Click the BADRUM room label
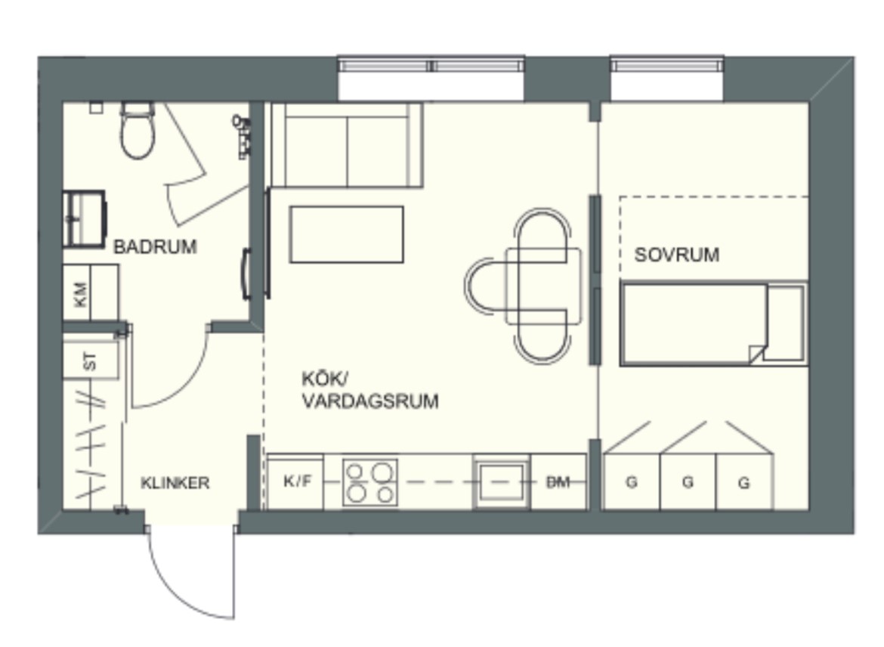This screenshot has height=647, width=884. pyautogui.click(x=155, y=246)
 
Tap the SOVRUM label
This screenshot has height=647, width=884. pyautogui.click(x=676, y=255)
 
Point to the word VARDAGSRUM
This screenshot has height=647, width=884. pyautogui.click(x=370, y=401)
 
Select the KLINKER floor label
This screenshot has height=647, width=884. pyautogui.click(x=175, y=483)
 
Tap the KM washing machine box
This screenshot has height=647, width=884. pyautogui.click(x=90, y=293)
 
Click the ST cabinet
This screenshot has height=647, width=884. pyautogui.click(x=90, y=361)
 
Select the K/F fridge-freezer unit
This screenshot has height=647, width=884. pyautogui.click(x=295, y=481)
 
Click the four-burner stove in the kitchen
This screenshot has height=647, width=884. pyautogui.click(x=369, y=482)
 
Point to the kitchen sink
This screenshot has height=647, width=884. pyautogui.click(x=501, y=482)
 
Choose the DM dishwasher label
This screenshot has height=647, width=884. pyautogui.click(x=558, y=481)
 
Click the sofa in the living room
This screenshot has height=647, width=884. pyautogui.click(x=347, y=145)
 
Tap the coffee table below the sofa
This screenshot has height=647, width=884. pyautogui.click(x=347, y=234)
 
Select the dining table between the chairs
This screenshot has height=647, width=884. pyautogui.click(x=544, y=286)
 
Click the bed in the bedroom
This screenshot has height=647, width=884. pyautogui.click(x=714, y=324)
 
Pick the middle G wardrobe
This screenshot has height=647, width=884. pyautogui.click(x=688, y=481)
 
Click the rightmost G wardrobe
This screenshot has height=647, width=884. pyautogui.click(x=745, y=481)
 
